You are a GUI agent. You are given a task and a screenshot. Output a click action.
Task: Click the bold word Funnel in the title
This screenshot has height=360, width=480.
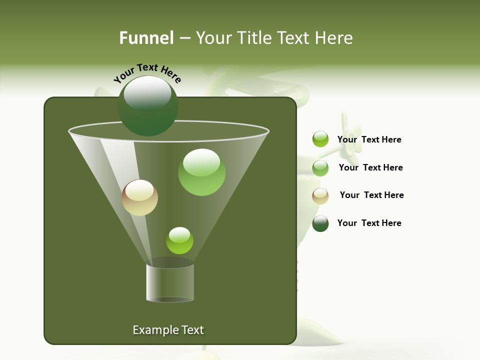tap(146, 38)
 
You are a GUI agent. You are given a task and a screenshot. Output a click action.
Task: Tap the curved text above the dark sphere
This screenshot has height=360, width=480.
tap(147, 73)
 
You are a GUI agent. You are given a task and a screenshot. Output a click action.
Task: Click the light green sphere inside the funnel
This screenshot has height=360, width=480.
tap(201, 172)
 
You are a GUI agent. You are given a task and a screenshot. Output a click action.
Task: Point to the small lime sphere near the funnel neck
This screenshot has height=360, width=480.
tap(179, 240)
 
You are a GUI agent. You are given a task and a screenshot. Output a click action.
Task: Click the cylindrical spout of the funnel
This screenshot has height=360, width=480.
tap(170, 282)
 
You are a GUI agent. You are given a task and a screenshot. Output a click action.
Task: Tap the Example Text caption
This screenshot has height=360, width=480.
tap(168, 330)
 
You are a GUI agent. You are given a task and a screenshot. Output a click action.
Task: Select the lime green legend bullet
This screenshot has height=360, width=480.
tap(320, 139)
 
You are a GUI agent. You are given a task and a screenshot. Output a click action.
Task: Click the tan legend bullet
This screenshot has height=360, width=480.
tap(320, 196)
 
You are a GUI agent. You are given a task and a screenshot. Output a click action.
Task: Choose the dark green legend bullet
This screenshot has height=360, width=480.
tap(320, 223)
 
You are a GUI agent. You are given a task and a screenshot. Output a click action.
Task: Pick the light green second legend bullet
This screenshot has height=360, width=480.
tap(320, 168)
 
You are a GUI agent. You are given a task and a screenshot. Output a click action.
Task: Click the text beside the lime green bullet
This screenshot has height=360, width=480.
tap(369, 139)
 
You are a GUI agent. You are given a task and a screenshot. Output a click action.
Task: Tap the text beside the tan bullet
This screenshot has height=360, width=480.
tap(371, 195)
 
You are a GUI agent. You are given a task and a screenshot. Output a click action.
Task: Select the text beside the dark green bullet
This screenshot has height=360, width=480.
tap(369, 223)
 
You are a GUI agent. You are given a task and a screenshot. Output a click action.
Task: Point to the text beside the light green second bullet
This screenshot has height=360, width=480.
tap(370, 167)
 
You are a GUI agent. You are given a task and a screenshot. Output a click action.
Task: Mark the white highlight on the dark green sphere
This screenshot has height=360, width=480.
tap(147, 93)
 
